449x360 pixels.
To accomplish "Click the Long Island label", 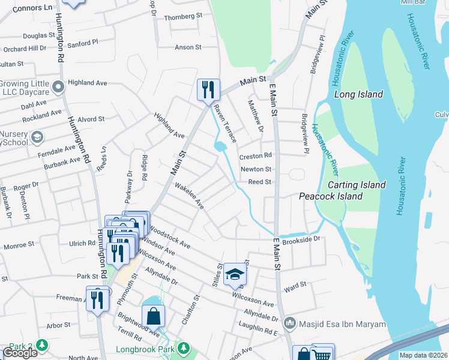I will click(358, 94).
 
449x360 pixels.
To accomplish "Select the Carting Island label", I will click(357, 185).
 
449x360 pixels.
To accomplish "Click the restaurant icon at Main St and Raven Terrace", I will click(208, 90).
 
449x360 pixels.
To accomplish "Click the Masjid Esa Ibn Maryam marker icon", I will click(290, 323).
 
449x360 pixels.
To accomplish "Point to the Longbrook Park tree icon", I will click(184, 349).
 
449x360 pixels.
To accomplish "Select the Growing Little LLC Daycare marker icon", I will click(58, 88).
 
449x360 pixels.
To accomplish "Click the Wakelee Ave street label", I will click(190, 196).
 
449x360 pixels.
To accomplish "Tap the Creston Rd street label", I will click(256, 156).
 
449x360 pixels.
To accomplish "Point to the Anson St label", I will click(188, 47).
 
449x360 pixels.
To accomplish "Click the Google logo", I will click(20, 353).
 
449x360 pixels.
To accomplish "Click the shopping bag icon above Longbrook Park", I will click(154, 316).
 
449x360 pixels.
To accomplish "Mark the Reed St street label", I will click(260, 182).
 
